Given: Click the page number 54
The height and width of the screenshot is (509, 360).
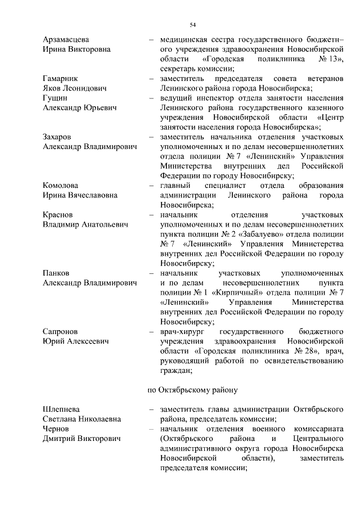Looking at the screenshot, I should tap(192, 25).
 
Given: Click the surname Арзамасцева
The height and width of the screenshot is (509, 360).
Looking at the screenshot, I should tap(66, 39).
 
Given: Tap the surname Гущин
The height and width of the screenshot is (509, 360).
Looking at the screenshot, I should tap(56, 97).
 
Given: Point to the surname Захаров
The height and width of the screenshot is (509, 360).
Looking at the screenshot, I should tap(60, 136).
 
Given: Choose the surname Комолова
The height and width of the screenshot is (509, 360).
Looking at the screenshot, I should tap(62, 185).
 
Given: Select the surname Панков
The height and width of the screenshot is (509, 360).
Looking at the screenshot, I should tap(57, 273).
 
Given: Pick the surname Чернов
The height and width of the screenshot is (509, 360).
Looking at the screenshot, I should tap(57, 429).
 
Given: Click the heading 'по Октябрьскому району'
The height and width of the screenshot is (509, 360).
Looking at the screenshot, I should tap(193, 389).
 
